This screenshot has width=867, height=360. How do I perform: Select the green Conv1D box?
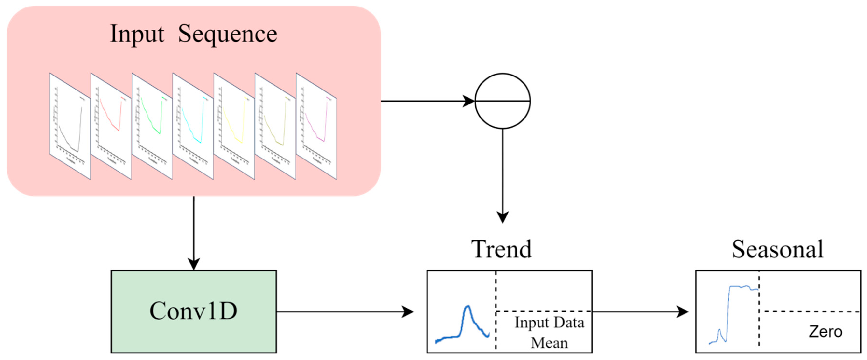pyautogui.click(x=194, y=312)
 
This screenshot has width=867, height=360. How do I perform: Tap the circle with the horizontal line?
pyautogui.click(x=503, y=101)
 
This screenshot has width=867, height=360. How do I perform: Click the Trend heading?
pyautogui.click(x=502, y=250)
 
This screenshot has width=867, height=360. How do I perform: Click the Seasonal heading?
pyautogui.click(x=777, y=250)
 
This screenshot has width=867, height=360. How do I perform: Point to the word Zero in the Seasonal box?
pyautogui.click(x=825, y=332)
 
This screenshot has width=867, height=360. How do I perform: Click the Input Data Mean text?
pyautogui.click(x=549, y=332)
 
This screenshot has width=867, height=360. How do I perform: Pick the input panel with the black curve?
pyautogui.click(x=70, y=126)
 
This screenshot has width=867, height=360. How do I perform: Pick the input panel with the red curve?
pyautogui.click(x=111, y=126)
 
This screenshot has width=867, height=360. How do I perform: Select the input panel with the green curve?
pyautogui.click(x=152, y=126)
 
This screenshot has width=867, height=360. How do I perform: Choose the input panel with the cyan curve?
pyautogui.click(x=193, y=126)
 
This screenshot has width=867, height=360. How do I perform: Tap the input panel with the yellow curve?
pyautogui.click(x=234, y=126)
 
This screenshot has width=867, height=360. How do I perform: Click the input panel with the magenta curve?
pyautogui.click(x=316, y=126)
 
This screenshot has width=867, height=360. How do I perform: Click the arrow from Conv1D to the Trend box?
pyautogui.click(x=345, y=312)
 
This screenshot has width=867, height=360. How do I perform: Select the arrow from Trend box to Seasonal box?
pyautogui.click(x=639, y=312)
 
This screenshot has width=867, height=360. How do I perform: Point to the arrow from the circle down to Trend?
pyautogui.click(x=503, y=175)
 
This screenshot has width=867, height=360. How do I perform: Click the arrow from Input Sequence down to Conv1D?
pyautogui.click(x=194, y=232)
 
